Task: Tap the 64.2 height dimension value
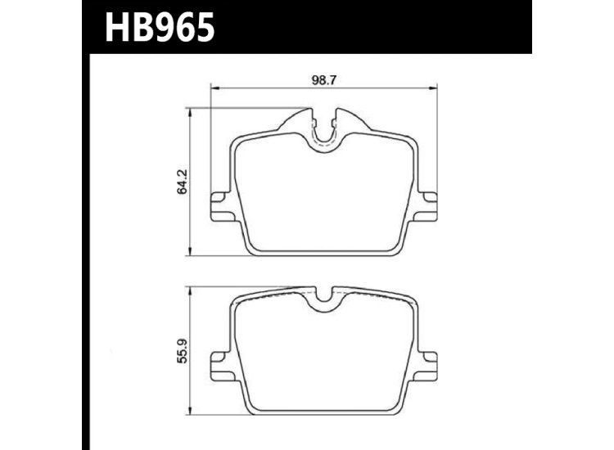(x=183, y=181)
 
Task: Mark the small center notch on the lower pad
(x=325, y=300)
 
